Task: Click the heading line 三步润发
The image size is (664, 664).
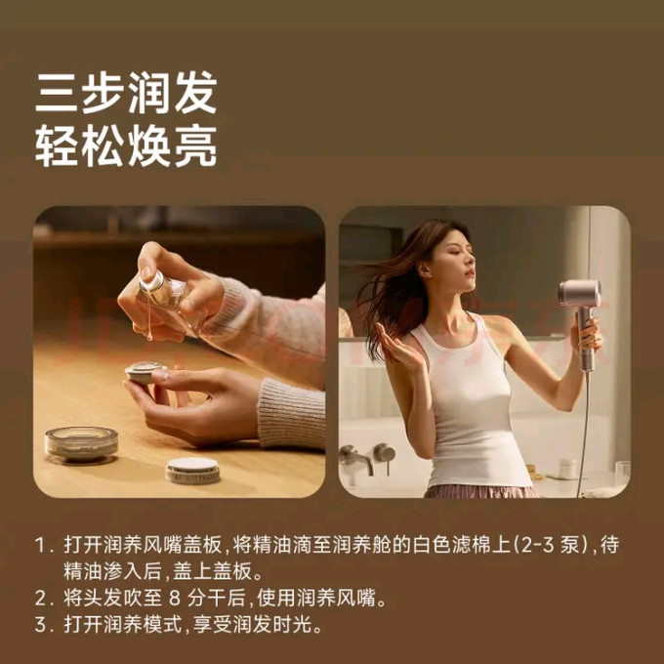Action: tap(126, 93)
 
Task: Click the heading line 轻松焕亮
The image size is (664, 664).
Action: tap(126, 146)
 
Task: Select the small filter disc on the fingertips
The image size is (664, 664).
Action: tap(145, 372)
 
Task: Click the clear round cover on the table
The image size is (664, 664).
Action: tap(81, 443)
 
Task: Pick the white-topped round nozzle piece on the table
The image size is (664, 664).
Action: tap(192, 471)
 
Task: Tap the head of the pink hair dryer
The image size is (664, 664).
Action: tap(579, 293)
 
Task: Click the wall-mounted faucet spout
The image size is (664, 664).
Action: tap(356, 460)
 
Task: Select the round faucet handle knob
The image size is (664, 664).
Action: tap(384, 453)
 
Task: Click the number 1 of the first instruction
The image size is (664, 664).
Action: tap(39, 545)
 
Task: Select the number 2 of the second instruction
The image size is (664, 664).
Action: tap(40, 598)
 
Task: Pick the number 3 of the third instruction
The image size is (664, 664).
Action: tap(40, 624)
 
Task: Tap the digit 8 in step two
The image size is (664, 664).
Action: tap(175, 599)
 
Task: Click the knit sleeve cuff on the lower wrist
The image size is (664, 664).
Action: tap(290, 413)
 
